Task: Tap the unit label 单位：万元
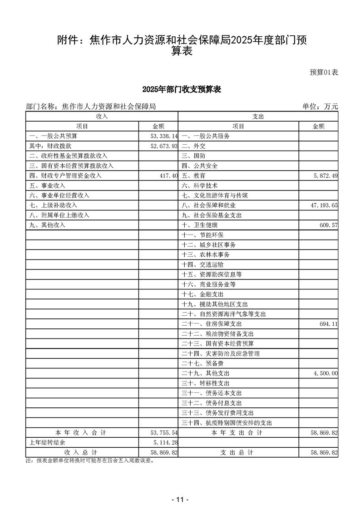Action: pos(320,107)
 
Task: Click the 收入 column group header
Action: pos(102,117)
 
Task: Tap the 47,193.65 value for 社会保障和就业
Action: pos(324,206)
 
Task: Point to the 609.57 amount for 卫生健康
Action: pos(328,225)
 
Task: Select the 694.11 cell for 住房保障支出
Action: pos(328,324)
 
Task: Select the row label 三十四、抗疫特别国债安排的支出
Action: pos(227,423)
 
